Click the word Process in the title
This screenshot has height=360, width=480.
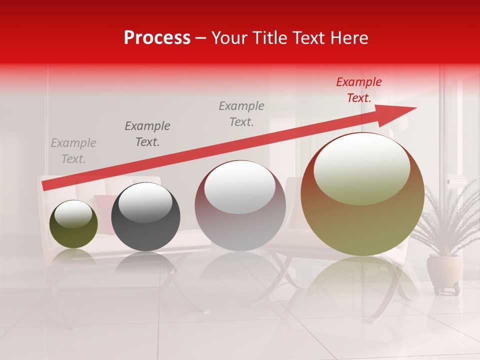pyautogui.click(x=157, y=38)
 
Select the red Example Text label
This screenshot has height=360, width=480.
pyautogui.click(x=358, y=90)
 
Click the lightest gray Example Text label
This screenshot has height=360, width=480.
pyautogui.click(x=73, y=151)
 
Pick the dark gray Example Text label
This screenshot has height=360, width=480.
pyautogui.click(x=147, y=134)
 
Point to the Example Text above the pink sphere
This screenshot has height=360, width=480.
pyautogui.click(x=241, y=114)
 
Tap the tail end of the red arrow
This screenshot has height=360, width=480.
pyautogui.click(x=43, y=186)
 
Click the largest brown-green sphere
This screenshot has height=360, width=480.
pyautogui.click(x=362, y=225)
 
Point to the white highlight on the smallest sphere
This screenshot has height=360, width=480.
pyautogui.click(x=73, y=214)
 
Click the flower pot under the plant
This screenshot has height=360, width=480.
pyautogui.click(x=444, y=270)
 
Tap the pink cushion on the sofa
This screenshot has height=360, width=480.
pyautogui.click(x=105, y=205)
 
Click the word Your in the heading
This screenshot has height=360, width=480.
pyautogui.click(x=229, y=38)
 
